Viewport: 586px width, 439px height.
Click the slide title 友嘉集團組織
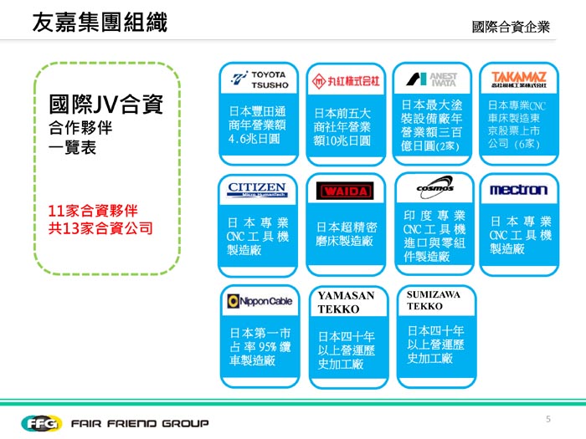click(99, 23)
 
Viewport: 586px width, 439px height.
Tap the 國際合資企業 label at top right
click(511, 28)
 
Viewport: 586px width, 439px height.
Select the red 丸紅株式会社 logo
click(346, 81)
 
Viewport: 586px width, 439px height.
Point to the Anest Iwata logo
click(432, 79)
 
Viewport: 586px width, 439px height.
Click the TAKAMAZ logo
click(520, 79)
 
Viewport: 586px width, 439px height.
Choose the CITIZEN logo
click(258, 190)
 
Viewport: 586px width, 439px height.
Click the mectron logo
click(519, 190)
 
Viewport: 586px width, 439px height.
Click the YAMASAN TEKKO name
click(346, 303)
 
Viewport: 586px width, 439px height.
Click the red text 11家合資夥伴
click(92, 210)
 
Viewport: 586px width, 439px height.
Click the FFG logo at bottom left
click(39, 422)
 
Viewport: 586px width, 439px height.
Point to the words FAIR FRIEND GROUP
click(140, 423)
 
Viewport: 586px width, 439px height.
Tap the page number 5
click(547, 418)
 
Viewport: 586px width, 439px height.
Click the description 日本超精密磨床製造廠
click(346, 233)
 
